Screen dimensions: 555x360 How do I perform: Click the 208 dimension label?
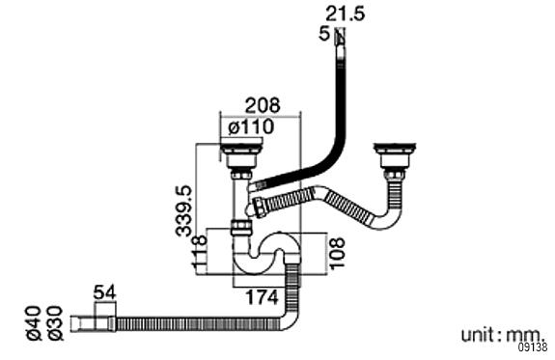[263, 105]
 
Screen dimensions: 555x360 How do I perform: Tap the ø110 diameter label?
[251, 126]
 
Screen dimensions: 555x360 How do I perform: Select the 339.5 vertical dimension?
[184, 210]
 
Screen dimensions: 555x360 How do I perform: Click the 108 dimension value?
[337, 254]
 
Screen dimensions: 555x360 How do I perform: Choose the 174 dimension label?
[262, 297]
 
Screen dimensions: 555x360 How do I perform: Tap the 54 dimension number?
[105, 292]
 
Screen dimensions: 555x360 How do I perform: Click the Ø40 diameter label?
[34, 323]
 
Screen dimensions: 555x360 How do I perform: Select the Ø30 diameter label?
[55, 323]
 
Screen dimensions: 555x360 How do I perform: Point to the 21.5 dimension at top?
[345, 14]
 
